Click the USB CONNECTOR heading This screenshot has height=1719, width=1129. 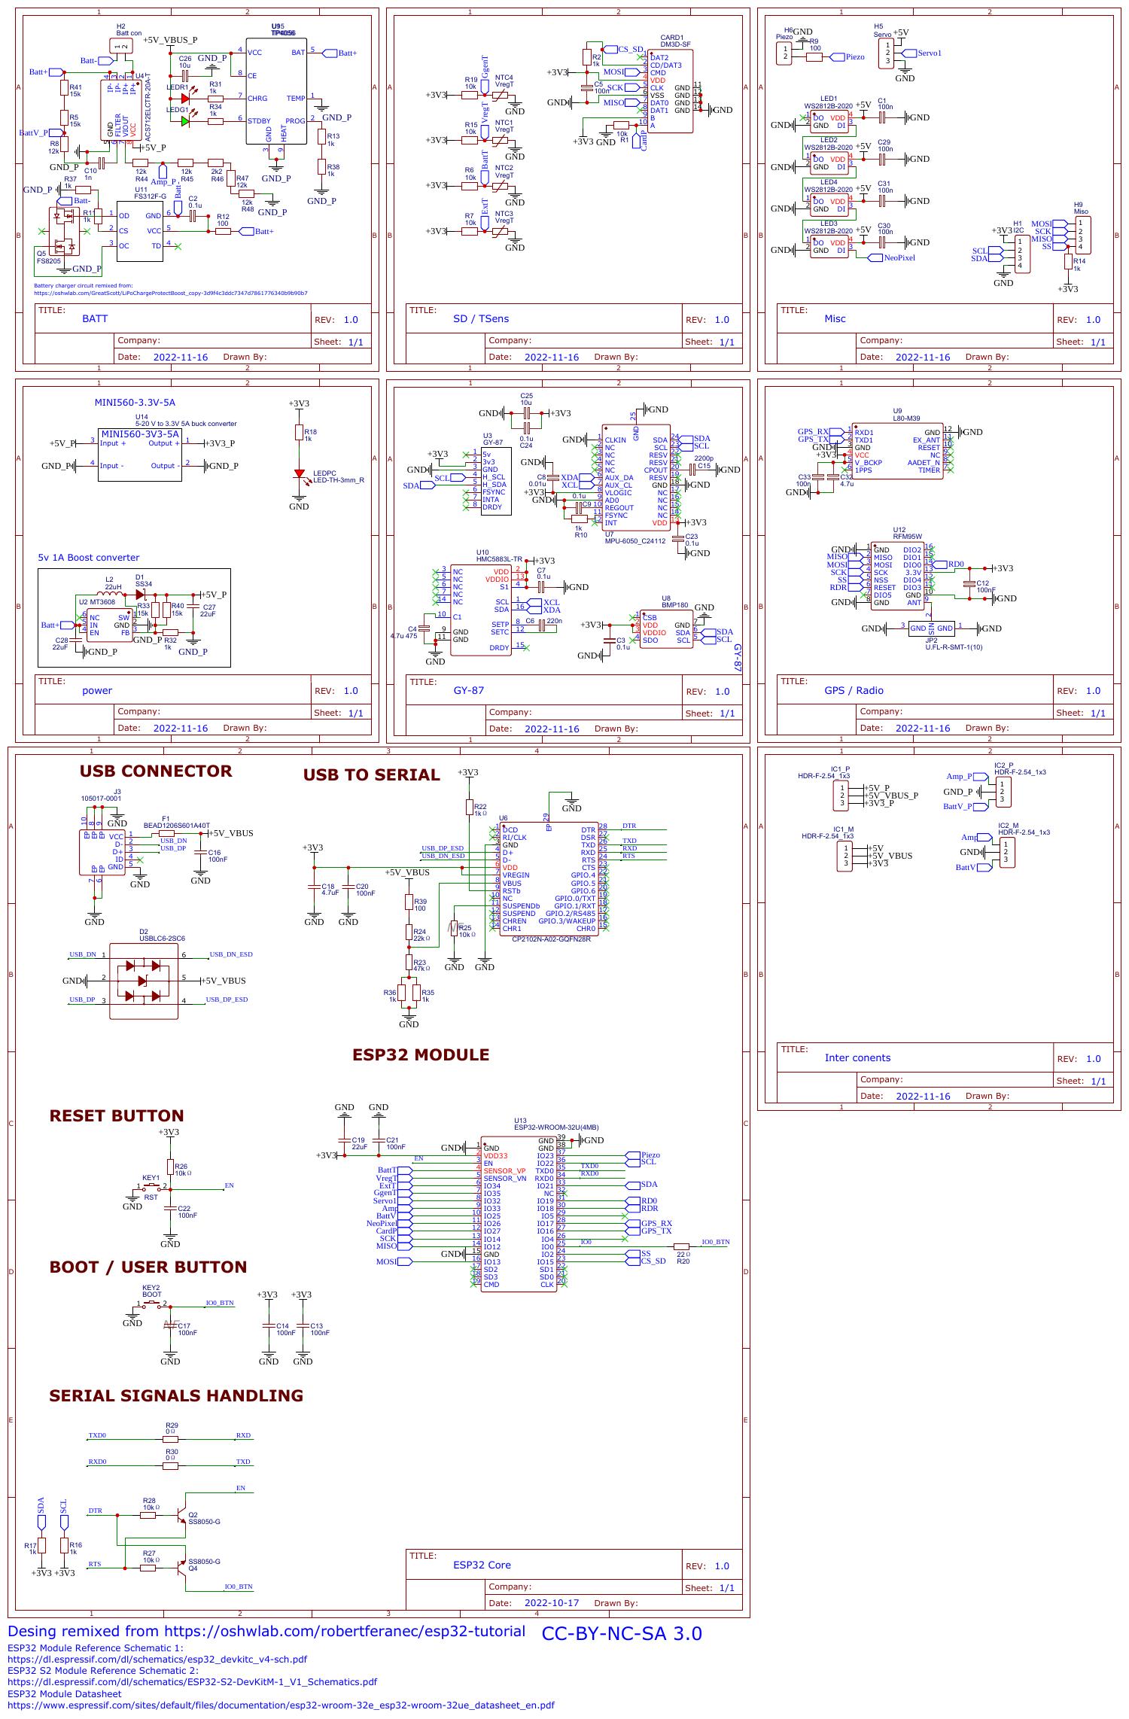click(x=156, y=771)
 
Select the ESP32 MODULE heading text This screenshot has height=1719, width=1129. click(x=420, y=1054)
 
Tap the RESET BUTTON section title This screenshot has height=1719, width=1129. click(x=116, y=1115)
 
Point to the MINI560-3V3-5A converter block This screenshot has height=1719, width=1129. click(x=140, y=456)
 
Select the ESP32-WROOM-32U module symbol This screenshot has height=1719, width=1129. click(x=519, y=1212)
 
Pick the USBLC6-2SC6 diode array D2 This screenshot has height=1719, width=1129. click(x=144, y=981)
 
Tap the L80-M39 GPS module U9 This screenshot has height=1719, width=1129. click(x=896, y=451)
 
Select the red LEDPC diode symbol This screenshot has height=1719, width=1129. click(x=299, y=476)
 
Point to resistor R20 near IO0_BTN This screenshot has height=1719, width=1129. click(x=682, y=1246)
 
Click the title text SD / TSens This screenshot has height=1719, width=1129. click(x=480, y=318)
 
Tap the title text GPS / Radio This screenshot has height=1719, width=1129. click(x=854, y=690)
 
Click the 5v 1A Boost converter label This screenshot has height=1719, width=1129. click(x=89, y=558)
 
